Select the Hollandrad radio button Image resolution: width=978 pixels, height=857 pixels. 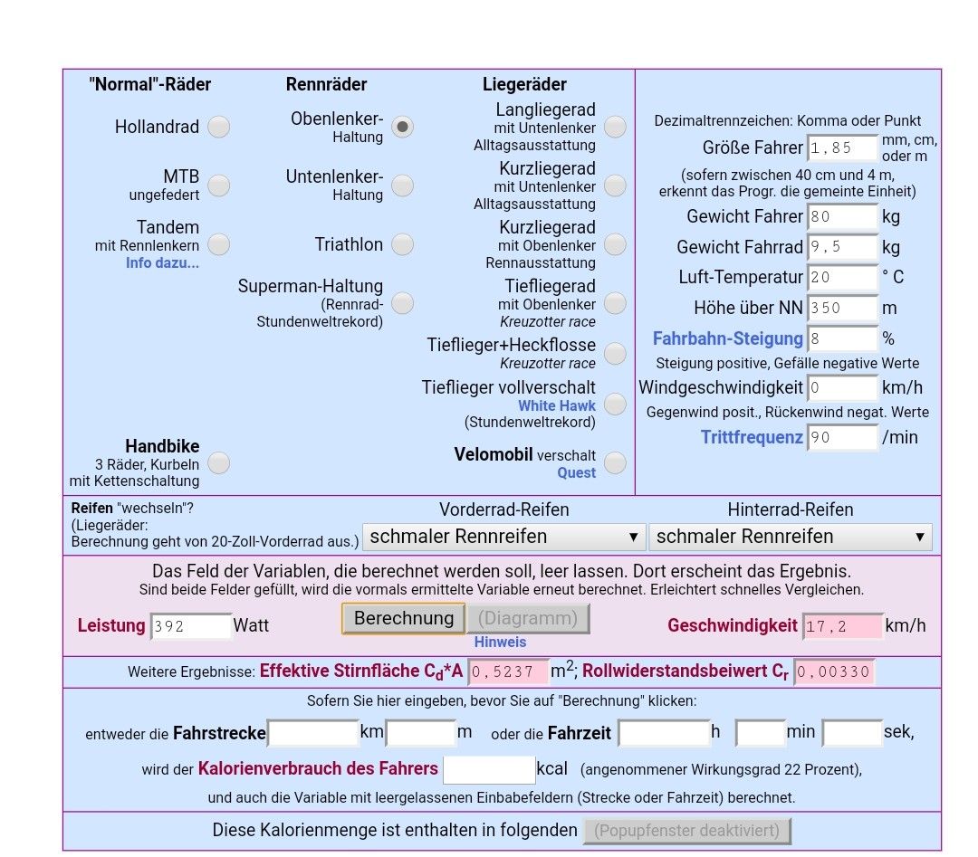pyautogui.click(x=218, y=127)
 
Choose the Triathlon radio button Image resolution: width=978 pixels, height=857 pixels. pyautogui.click(x=402, y=244)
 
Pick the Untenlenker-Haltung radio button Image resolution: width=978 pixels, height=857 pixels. pyautogui.click(x=402, y=186)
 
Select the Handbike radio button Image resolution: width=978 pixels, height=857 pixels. pyautogui.click(x=218, y=462)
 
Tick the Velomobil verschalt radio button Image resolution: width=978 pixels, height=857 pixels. pyautogui.click(x=615, y=462)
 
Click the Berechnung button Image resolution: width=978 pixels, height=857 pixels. pyautogui.click(x=403, y=618)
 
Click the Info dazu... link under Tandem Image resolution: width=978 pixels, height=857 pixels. pyautogui.click(x=162, y=263)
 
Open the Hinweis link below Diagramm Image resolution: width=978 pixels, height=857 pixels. pyautogui.click(x=500, y=642)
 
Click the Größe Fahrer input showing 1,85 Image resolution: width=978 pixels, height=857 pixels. pyautogui.click(x=842, y=148)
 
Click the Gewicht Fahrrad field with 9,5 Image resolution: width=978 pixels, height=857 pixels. pyautogui.click(x=842, y=247)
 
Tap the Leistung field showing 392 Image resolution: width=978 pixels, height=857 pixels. pyautogui.click(x=191, y=626)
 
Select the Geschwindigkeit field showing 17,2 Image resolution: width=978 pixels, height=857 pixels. pyautogui.click(x=842, y=626)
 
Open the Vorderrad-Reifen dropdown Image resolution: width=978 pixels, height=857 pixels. pyautogui.click(x=504, y=537)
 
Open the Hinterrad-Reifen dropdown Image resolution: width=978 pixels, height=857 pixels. pyautogui.click(x=791, y=537)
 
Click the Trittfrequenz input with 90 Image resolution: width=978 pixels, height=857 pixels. pyautogui.click(x=842, y=438)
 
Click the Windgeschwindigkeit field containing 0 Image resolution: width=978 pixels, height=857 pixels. pyautogui.click(x=842, y=388)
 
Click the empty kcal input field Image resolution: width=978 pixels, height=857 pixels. pyautogui.click(x=489, y=769)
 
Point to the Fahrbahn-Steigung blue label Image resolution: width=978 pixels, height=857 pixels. pyautogui.click(x=728, y=338)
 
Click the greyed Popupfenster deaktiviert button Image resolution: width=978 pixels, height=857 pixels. pyautogui.click(x=687, y=831)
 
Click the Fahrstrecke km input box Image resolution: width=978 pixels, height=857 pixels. pyautogui.click(x=313, y=732)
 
